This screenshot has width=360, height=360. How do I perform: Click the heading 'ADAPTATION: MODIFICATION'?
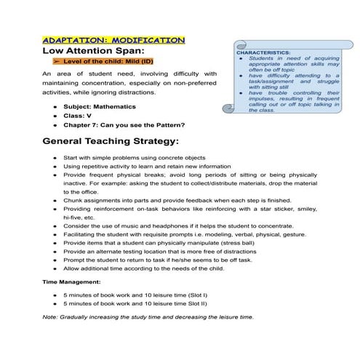(114, 40)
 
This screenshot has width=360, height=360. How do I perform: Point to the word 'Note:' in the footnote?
(51, 318)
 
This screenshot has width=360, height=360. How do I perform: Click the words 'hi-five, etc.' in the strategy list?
(79, 217)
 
